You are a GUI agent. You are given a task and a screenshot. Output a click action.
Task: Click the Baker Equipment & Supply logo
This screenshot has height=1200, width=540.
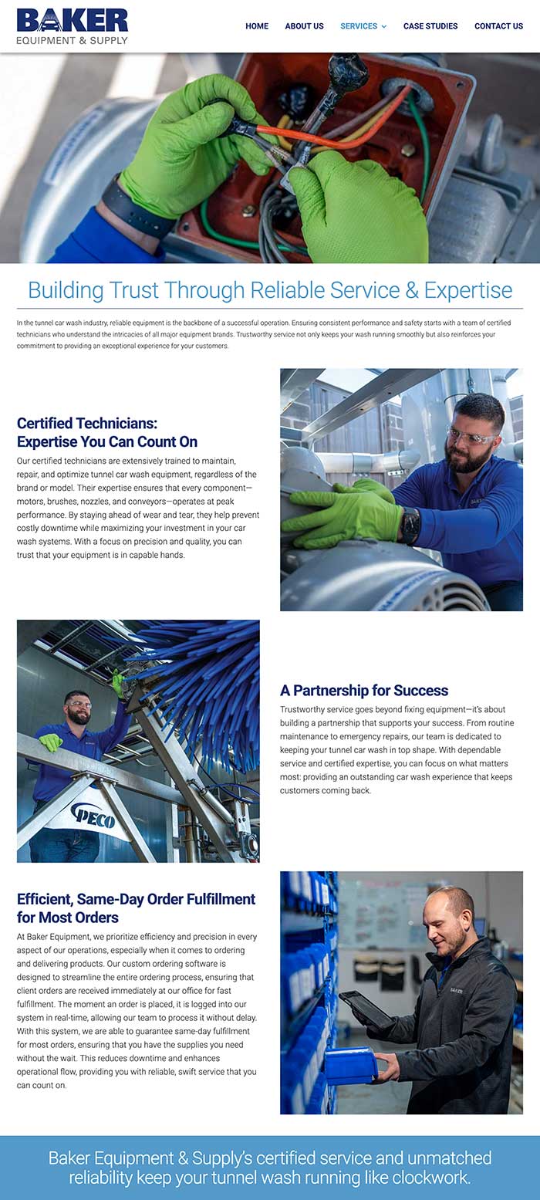tap(72, 25)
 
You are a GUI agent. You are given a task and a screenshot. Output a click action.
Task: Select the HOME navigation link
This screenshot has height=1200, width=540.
tap(257, 26)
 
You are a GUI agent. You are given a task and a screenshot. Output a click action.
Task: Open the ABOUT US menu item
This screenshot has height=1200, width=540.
tap(304, 26)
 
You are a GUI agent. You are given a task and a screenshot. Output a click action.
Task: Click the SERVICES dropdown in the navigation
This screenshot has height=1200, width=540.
tap(363, 26)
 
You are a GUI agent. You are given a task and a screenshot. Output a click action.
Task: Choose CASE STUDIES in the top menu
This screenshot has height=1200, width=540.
tap(430, 26)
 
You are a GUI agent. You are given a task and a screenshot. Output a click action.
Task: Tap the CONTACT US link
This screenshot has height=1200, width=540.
tap(498, 26)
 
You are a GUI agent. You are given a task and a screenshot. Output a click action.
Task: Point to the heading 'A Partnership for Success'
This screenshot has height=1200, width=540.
tap(363, 690)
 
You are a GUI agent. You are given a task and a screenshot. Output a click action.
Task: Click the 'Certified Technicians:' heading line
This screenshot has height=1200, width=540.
tap(87, 423)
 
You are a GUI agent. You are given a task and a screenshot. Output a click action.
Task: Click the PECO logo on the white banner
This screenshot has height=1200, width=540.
tap(93, 813)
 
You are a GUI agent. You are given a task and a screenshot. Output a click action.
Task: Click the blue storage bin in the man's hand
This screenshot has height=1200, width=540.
tap(351, 1065)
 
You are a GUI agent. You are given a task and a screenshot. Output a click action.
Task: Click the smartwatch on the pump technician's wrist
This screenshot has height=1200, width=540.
tap(410, 526)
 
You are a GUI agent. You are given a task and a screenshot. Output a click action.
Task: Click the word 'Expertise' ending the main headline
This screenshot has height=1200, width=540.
tap(468, 290)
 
